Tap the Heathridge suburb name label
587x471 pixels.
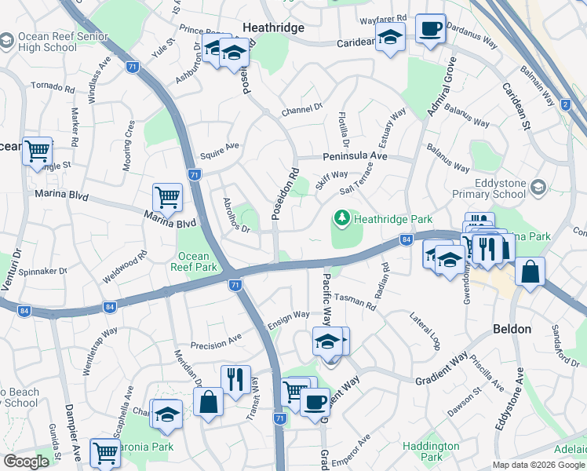[273, 27]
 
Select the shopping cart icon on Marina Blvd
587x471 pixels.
[167, 196]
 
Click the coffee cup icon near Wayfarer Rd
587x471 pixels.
[430, 29]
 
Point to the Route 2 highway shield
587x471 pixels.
[565, 104]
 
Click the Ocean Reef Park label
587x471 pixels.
[193, 262]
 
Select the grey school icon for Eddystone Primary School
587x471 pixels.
[538, 186]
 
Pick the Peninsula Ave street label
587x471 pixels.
[355, 157]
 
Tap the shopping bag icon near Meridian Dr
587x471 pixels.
[210, 403]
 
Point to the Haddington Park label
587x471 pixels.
[432, 451]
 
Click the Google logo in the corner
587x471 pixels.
[26, 462]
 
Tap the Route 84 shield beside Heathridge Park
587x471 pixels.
[406, 240]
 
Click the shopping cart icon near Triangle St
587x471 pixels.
[37, 151]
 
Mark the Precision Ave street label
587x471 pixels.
[217, 344]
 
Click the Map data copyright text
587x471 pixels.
[538, 465]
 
